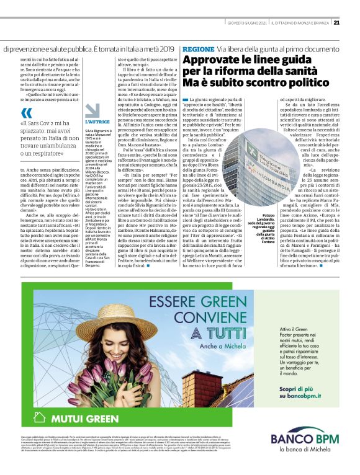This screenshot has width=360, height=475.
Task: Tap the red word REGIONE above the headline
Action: pyautogui.click(x=198, y=49)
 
